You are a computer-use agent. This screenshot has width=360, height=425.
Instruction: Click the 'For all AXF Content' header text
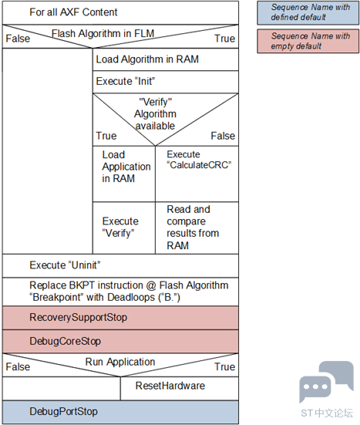pos(73,12)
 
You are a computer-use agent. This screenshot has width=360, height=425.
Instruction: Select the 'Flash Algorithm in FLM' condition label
pos(103,34)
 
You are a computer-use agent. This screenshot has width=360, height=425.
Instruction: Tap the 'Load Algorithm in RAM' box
pos(166,59)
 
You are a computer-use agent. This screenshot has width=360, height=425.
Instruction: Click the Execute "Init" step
pos(166,82)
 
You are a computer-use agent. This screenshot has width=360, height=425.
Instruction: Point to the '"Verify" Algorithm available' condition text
pos(155,114)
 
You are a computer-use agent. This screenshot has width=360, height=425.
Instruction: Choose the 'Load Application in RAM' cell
pos(124,174)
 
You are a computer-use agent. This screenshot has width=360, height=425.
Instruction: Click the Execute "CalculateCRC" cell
pos(197,174)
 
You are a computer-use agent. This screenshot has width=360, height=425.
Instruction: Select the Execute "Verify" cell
pos(124,228)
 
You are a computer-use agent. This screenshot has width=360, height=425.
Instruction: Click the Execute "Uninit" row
pos(120,265)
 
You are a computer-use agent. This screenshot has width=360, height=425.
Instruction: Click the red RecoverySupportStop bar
pos(120,318)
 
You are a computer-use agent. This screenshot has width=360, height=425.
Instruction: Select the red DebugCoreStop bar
pos(120,342)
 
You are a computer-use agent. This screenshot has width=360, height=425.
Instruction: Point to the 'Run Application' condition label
pos(120,362)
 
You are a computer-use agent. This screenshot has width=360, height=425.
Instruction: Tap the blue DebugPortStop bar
pos(120,412)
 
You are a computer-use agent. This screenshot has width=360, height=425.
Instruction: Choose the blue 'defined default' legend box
pos(308,13)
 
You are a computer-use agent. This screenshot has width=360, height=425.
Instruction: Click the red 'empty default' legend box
pos(308,41)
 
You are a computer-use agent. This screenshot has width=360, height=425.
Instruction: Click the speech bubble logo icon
pos(326,381)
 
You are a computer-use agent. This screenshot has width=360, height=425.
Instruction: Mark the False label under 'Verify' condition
pos(223,136)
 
